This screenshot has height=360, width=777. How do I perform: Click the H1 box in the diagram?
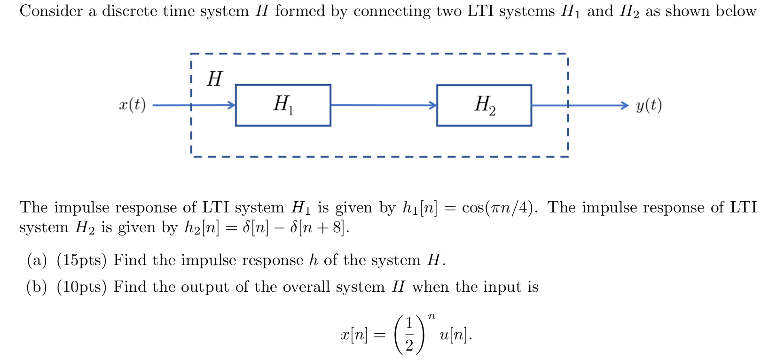283,105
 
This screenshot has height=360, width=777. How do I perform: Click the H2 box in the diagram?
484,105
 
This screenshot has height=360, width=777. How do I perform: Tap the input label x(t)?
132,105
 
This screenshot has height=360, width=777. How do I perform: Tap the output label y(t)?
649,105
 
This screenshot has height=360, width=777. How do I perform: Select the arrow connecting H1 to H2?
383,105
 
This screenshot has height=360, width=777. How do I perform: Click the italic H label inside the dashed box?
214,78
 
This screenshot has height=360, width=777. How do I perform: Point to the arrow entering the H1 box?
197,105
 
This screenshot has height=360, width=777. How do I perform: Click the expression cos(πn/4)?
500,207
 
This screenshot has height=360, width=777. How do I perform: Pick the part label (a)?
37,260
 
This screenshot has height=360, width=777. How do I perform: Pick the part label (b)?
37,287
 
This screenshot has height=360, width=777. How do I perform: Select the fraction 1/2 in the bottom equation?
409,334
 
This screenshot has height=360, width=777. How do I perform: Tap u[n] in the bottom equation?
454,335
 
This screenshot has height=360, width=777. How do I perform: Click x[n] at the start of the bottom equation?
354,335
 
